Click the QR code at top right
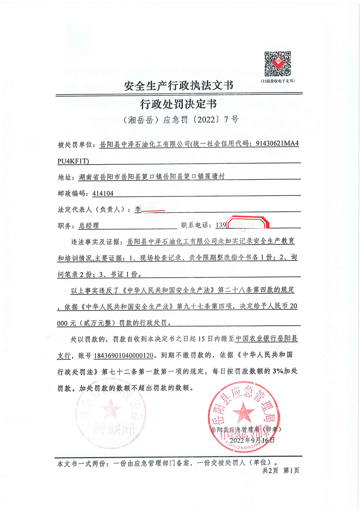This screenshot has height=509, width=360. (277, 64)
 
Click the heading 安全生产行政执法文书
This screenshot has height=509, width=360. (180, 86)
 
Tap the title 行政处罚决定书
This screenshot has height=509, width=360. (180, 104)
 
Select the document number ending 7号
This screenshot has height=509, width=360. (180, 120)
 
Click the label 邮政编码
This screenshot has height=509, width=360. (72, 193)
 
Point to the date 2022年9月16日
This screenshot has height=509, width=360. (252, 440)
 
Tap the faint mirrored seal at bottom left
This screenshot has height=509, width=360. (108, 414)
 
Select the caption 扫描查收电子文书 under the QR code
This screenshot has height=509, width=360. (277, 80)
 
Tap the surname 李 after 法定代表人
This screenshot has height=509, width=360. (138, 210)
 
